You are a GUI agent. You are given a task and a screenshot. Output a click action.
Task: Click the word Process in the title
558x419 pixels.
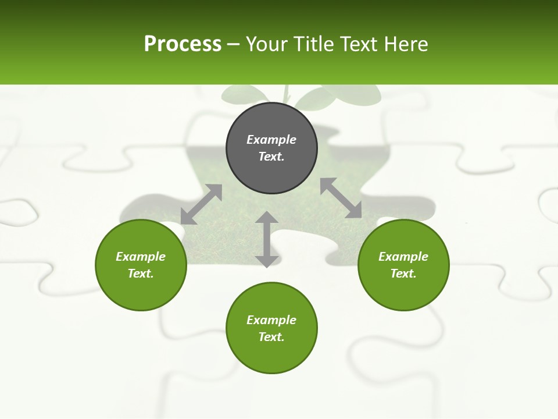point(183,44)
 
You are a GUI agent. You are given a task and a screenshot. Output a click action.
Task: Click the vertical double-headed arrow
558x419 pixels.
point(267,239)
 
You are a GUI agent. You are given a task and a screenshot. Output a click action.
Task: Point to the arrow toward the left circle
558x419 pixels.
point(201,204)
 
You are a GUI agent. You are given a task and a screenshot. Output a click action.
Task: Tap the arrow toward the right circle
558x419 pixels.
point(341,198)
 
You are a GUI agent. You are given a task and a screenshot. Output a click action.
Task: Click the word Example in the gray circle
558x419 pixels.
point(271,140)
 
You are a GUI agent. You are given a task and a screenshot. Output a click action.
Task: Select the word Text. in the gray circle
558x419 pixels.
point(271,157)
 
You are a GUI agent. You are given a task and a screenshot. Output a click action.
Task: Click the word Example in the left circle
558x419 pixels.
point(141,257)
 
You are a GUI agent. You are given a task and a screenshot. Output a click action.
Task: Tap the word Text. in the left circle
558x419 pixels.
point(141,274)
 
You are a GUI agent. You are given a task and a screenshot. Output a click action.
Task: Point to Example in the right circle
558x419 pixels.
point(403,257)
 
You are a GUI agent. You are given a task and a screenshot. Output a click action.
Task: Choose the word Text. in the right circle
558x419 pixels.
point(403,274)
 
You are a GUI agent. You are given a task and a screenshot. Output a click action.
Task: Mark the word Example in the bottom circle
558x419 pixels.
point(271,320)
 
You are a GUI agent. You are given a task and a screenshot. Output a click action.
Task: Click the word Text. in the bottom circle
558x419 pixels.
point(271,337)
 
